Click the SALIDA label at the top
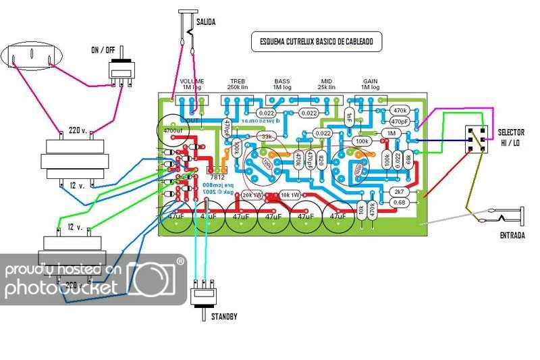coord(206,22)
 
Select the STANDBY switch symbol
coord(203,295)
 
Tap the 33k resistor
coord(267,137)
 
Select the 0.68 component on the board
coord(399,202)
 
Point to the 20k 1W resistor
coord(251,195)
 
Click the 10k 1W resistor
coord(290,195)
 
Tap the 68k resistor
coord(408,159)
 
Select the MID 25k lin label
coord(328,84)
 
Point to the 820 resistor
coord(320,160)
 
